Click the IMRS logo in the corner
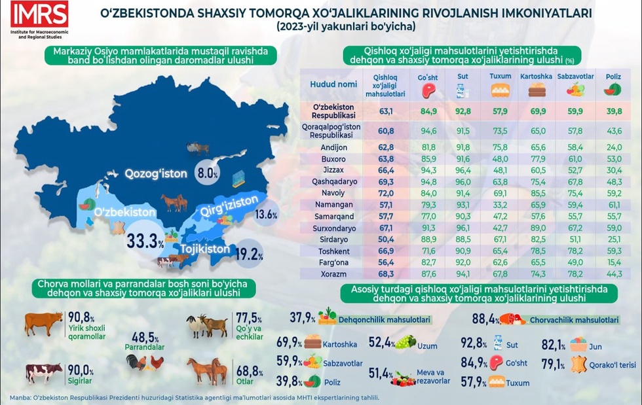tap(39, 14)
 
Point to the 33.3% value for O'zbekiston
tap(145, 242)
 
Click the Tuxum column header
tap(500, 77)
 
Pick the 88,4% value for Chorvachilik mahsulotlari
tap(483, 319)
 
